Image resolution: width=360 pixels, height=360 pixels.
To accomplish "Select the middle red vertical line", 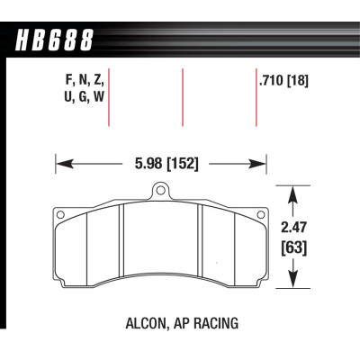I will coord(184,97).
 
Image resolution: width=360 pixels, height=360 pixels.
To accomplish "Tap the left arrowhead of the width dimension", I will coord(60,164).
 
